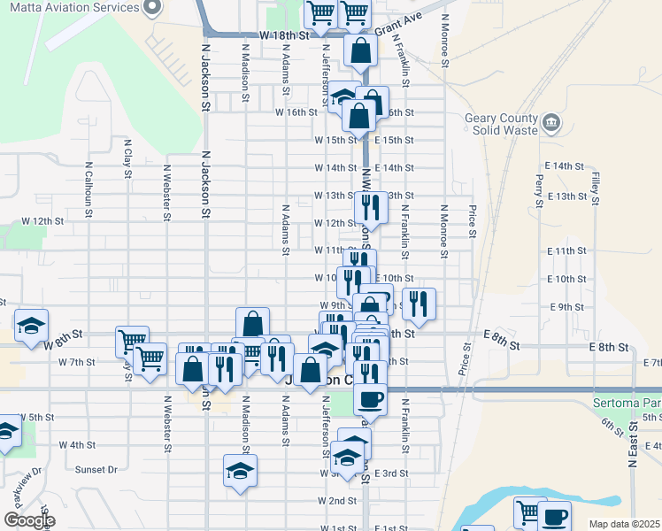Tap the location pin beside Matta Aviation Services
pyautogui.click(x=151, y=9)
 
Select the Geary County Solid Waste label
pyautogui.click(x=502, y=125)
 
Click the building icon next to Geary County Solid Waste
pyautogui.click(x=551, y=121)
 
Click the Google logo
pyautogui.click(x=29, y=520)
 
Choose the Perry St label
pyautogui.click(x=539, y=188)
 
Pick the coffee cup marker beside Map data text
pyautogui.click(x=555, y=516)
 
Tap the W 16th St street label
pyautogui.click(x=296, y=112)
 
